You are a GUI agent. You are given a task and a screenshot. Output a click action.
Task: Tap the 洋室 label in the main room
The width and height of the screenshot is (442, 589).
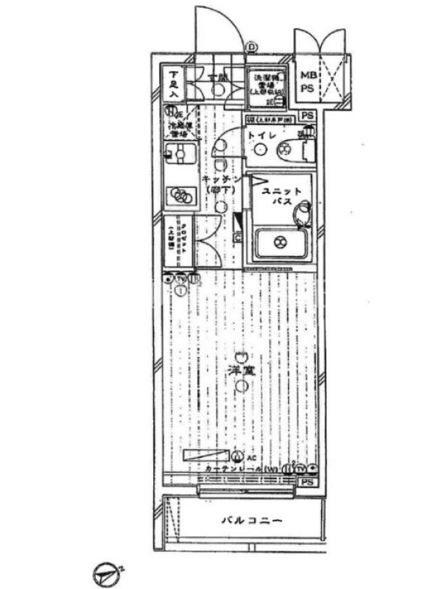tap(241, 370)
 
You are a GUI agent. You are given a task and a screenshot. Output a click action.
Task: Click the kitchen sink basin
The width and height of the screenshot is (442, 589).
tap(178, 153)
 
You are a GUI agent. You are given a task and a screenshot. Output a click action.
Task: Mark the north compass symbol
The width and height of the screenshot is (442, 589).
tap(108, 572)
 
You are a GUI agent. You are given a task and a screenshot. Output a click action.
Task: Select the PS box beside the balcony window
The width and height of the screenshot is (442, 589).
tap(307, 482)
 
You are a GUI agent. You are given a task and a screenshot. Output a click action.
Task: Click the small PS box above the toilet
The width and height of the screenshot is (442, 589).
tap(307, 116)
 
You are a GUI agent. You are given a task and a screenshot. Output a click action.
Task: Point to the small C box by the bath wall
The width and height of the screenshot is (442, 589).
tap(237, 237)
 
